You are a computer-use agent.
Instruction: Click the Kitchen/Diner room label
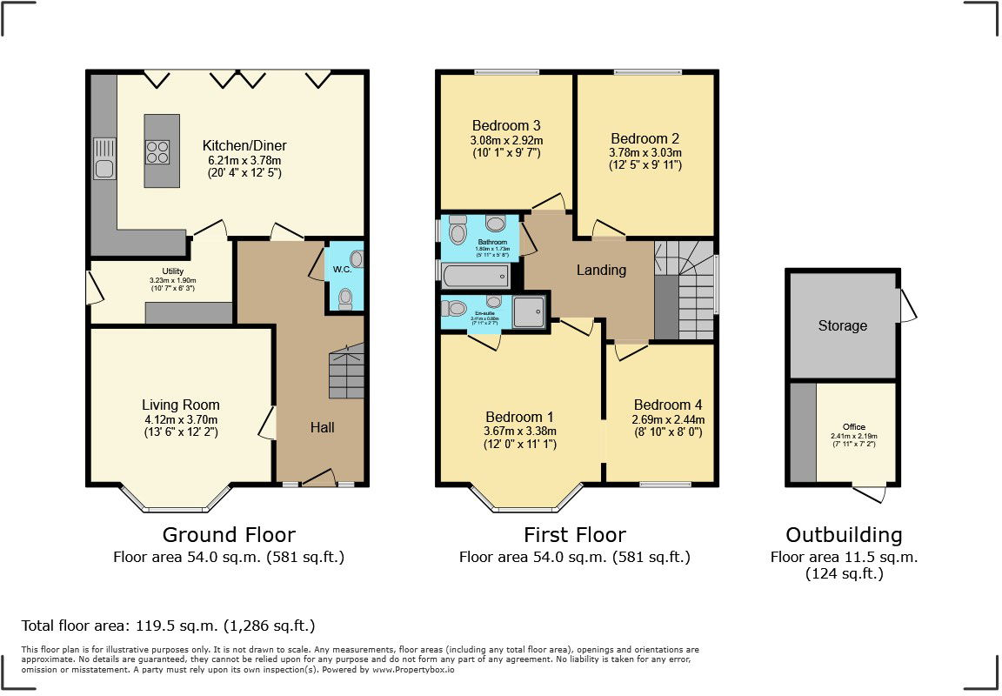(244, 145)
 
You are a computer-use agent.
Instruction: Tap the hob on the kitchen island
(157, 152)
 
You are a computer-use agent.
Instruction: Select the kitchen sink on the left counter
(104, 168)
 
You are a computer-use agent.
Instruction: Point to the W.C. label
(342, 269)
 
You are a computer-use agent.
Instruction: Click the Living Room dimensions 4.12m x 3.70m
(181, 419)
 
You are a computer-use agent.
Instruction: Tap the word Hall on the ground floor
(322, 427)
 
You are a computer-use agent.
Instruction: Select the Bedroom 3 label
(506, 124)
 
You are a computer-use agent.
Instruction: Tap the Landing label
(601, 270)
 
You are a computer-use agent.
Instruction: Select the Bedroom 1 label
(519, 416)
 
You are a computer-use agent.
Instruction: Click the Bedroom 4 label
(667, 405)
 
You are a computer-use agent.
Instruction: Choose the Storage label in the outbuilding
(842, 325)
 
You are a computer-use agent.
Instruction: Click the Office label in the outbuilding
(854, 426)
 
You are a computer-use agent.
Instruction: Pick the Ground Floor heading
(229, 534)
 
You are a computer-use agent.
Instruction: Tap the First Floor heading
(574, 534)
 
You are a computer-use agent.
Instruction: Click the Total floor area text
(168, 625)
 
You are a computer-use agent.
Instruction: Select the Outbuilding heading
(844, 534)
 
